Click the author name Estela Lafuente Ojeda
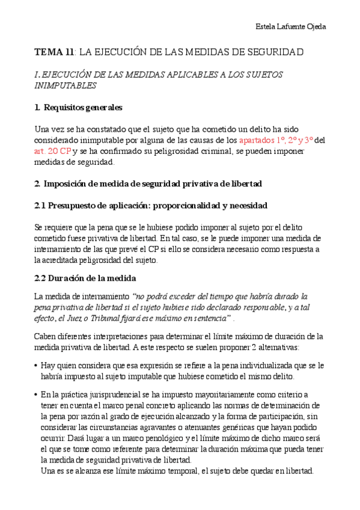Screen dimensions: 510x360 291,27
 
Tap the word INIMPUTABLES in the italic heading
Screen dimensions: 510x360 66,85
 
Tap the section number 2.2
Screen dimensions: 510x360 41,278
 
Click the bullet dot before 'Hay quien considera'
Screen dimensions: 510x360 37,366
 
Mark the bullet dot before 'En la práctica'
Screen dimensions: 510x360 37,395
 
